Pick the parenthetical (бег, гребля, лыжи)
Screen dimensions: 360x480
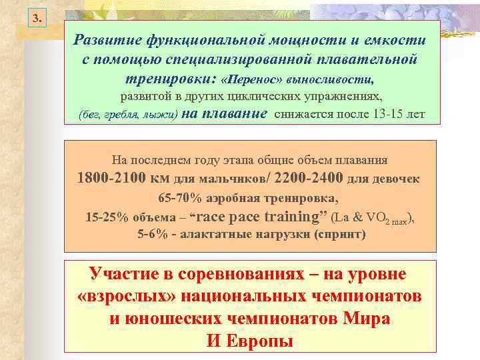point(127,115)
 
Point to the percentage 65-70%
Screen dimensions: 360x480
point(178,199)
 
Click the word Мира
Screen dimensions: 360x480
point(366,318)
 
